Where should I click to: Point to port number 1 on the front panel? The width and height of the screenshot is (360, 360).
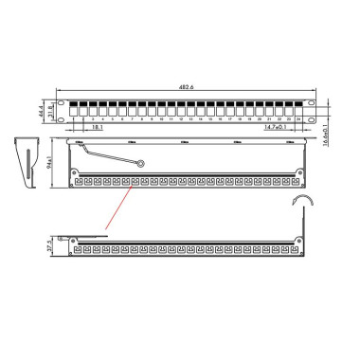point(72,119)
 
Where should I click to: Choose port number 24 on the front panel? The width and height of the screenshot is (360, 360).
point(297,119)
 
